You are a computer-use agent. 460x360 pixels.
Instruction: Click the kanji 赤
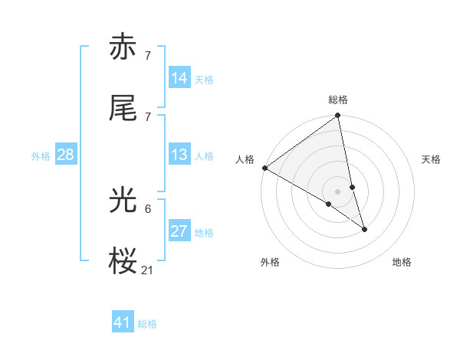coord(123,47)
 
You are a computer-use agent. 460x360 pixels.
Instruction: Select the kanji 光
coord(123,201)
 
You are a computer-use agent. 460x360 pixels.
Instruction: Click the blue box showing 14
coord(179,78)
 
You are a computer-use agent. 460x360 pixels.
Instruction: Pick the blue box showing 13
coord(179,155)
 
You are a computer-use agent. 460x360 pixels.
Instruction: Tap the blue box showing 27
coord(179,231)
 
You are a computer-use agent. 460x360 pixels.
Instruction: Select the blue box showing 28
coord(65,155)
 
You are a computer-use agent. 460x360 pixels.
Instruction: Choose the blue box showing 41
coord(123,322)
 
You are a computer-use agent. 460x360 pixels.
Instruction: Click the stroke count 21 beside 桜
coord(148,270)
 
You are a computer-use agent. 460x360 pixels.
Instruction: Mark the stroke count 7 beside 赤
coord(148,55)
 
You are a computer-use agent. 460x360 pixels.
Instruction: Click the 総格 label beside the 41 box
coord(147,324)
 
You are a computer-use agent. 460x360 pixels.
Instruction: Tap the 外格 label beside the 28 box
coord(41,156)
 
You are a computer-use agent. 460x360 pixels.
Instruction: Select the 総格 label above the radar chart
coord(338,100)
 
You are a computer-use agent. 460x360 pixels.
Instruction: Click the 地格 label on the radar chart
coord(402,262)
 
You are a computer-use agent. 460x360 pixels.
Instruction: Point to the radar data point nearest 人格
coord(264,168)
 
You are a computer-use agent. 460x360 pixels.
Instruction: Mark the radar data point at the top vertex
coord(338,116)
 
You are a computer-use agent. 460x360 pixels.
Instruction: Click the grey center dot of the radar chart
coord(338,190)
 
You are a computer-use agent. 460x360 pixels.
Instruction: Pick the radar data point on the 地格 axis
coord(364,229)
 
